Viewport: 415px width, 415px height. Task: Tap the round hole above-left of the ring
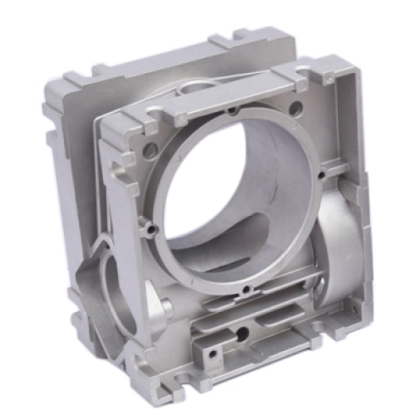coord(150,150)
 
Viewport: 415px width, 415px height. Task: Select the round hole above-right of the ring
coord(295,108)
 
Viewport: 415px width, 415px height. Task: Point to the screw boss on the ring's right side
coord(322,175)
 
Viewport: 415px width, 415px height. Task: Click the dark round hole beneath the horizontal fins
coord(241,332)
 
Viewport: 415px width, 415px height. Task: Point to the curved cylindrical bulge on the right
coord(340,244)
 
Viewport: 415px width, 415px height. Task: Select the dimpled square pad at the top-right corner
coord(329,78)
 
